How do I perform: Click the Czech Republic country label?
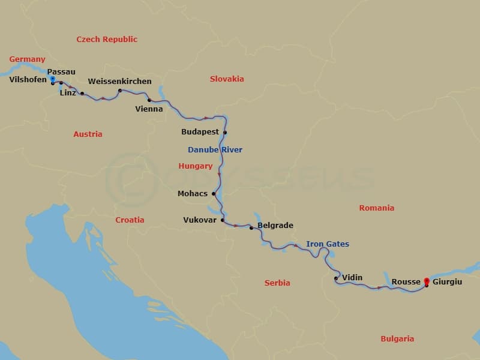coord(107,40)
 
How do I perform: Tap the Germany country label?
coord(27,59)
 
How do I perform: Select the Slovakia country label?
coord(227,79)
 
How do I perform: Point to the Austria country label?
coord(88,134)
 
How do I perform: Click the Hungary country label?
coord(196,166)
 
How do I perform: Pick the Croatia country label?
coord(130,220)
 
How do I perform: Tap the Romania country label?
coord(377,208)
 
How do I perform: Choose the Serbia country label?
coord(277,283)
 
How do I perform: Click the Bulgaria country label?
coord(397,339)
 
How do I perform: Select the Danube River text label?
coord(215,149)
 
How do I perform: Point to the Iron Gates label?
coord(328,244)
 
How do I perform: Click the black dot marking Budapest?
coord(225,133)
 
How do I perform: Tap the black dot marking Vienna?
coord(149,100)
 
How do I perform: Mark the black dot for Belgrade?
coord(251,228)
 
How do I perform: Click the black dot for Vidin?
coord(336,278)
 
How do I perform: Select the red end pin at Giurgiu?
coord(427,281)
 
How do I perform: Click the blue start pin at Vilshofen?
coord(53,79)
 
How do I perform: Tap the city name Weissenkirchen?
coord(119,82)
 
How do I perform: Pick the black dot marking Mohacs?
coord(214,194)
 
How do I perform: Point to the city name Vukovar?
coord(200,220)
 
